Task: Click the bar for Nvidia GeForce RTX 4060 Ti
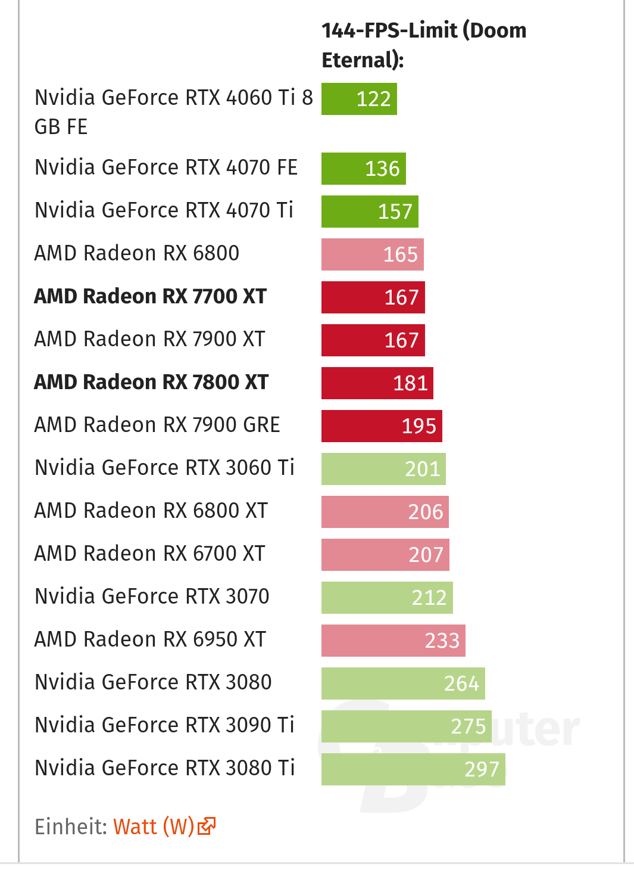[x=359, y=99]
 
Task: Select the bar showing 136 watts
[x=363, y=169]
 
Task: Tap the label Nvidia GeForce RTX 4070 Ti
[x=164, y=210]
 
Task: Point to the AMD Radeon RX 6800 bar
[x=372, y=254]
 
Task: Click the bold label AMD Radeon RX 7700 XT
[x=151, y=296]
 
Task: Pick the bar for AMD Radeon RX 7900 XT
[x=373, y=340]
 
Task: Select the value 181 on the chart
[x=410, y=383]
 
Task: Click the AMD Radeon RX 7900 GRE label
[x=157, y=425]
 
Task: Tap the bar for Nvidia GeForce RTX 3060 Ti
[x=383, y=469]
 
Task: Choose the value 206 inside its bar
[x=426, y=512]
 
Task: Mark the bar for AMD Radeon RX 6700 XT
[x=385, y=555]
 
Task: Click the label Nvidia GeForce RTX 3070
[x=152, y=597]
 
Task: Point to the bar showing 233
[x=393, y=641]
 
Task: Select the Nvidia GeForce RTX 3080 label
[x=154, y=682]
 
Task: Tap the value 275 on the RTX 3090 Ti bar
[x=469, y=726]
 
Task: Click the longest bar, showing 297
[x=413, y=769]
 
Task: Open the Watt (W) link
[x=154, y=827]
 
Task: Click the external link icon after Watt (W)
[x=206, y=827]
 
